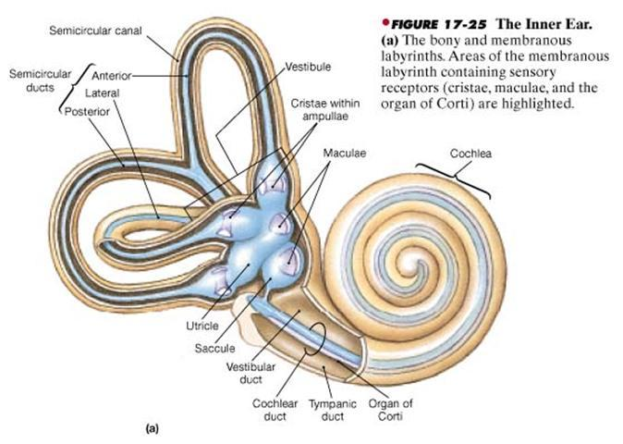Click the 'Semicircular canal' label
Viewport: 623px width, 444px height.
(95, 31)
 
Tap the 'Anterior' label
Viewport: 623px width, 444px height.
(111, 76)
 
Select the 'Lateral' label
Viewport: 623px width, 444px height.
(102, 93)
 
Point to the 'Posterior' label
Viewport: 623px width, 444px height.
(87, 112)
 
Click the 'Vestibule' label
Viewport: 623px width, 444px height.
(308, 67)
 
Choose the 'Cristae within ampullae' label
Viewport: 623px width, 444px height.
(325, 110)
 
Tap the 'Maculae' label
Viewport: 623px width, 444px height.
(345, 153)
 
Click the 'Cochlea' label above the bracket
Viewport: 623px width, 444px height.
(470, 154)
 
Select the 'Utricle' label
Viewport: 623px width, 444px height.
(202, 326)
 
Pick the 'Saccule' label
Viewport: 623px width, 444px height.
(214, 348)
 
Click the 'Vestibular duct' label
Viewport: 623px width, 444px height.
(250, 373)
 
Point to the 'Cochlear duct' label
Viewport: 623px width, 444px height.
(275, 410)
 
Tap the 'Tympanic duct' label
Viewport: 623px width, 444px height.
(333, 410)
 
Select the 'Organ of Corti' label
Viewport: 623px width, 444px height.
(390, 410)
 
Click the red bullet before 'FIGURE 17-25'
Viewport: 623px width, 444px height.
(385, 22)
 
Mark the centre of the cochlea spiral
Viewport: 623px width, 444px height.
(417, 265)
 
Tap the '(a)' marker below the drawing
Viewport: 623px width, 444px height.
(152, 429)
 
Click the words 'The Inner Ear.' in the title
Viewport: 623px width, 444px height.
(544, 24)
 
